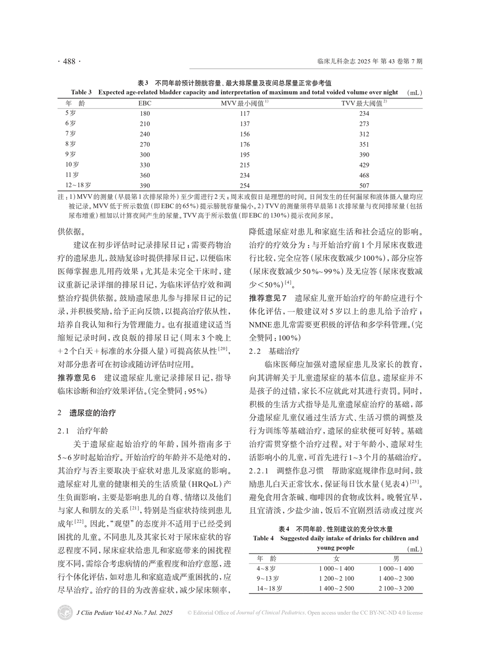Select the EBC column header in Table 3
(x=145, y=103)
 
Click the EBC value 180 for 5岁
(x=145, y=113)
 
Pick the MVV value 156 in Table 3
(x=244, y=134)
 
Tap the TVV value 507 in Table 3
(x=364, y=186)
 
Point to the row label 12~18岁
(x=78, y=185)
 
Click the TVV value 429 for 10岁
(x=364, y=165)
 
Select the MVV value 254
(x=244, y=186)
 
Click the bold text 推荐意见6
(x=77, y=378)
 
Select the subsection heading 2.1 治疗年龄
(x=82, y=430)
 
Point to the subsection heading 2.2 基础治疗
(x=274, y=351)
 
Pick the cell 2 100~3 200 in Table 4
(x=396, y=589)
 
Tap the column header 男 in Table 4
(x=396, y=558)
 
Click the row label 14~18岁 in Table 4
(x=270, y=589)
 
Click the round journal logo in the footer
(x=65, y=613)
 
